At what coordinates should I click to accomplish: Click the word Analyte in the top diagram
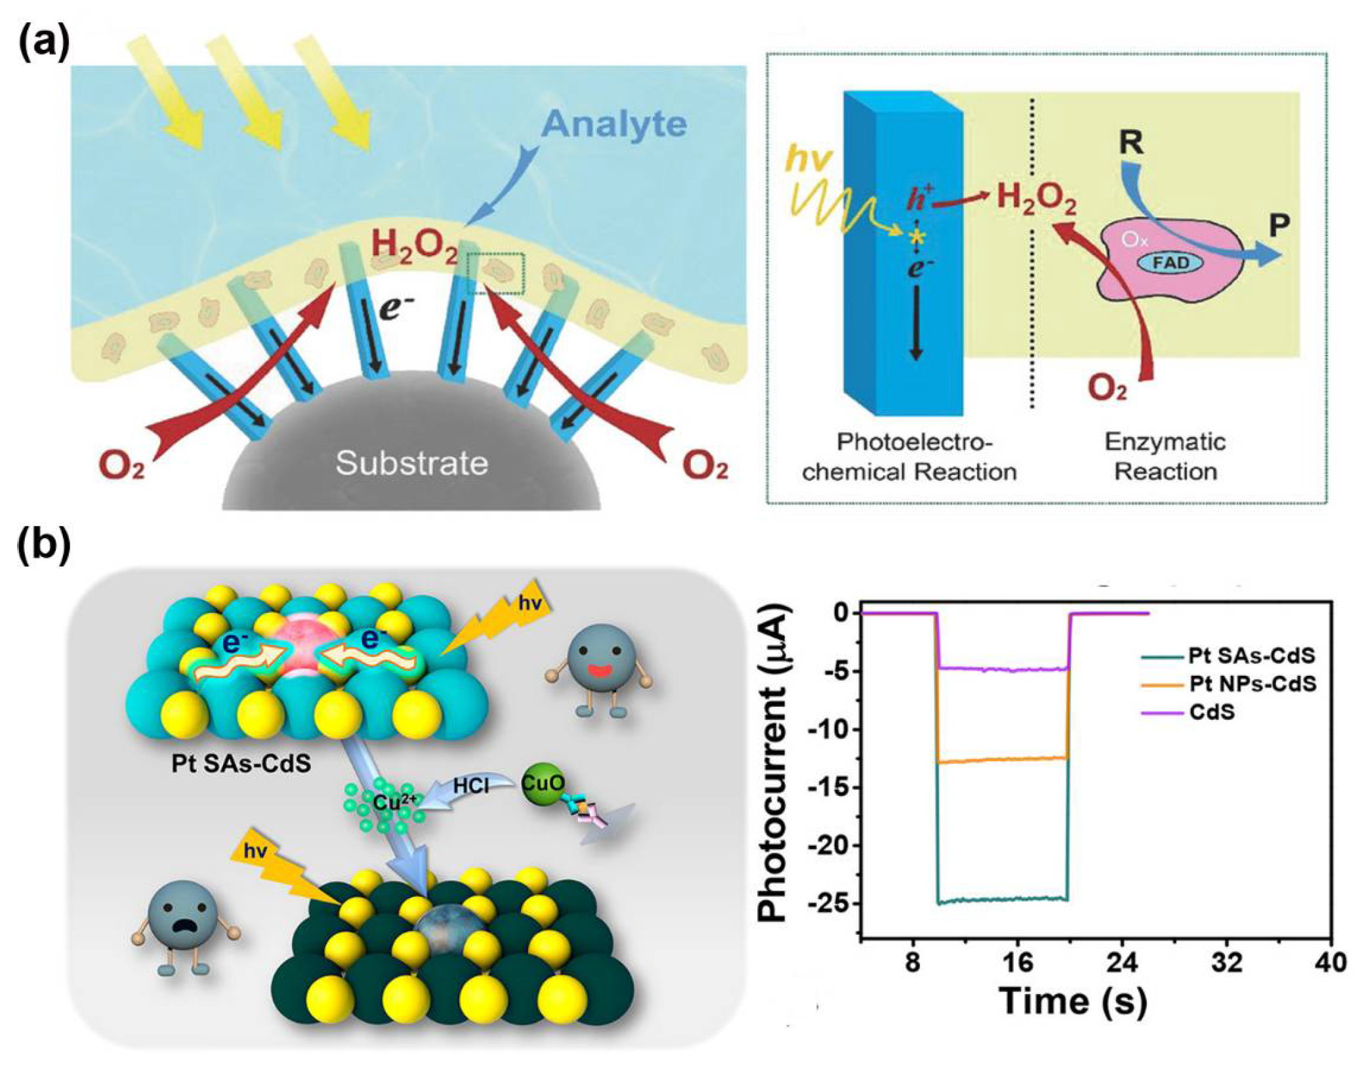pyautogui.click(x=614, y=123)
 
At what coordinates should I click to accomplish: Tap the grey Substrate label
pyautogui.click(x=411, y=463)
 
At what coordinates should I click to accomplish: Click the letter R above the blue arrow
pyautogui.click(x=1131, y=142)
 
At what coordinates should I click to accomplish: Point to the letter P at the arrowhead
pyautogui.click(x=1278, y=226)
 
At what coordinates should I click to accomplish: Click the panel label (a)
pyautogui.click(x=44, y=45)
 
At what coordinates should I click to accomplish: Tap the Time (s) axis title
pyautogui.click(x=1073, y=1001)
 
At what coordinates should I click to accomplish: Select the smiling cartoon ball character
pyautogui.click(x=598, y=658)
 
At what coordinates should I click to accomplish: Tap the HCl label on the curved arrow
pyautogui.click(x=471, y=785)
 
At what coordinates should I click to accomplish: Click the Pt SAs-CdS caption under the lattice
pyautogui.click(x=241, y=763)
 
